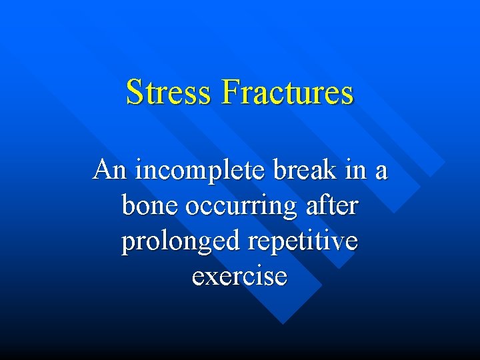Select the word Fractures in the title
click(287, 92)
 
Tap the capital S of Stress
click(135, 92)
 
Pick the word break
click(300, 170)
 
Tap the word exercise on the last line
click(240, 276)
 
